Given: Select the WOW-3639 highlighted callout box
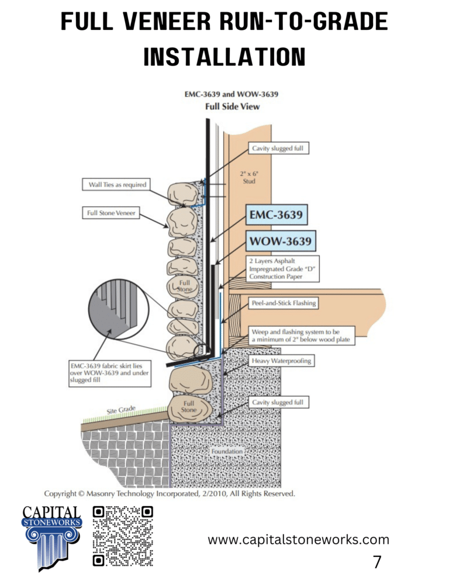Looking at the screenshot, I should click(x=279, y=240).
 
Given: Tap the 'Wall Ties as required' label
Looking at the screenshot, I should click(x=113, y=185).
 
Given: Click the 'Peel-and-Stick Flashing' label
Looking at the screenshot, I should click(x=284, y=303).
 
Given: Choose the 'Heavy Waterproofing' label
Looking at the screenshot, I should click(x=281, y=361).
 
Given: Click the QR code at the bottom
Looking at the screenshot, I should click(x=123, y=535).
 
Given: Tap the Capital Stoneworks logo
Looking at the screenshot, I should click(x=51, y=537).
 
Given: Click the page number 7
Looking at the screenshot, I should click(x=377, y=562).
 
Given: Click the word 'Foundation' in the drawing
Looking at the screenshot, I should click(x=227, y=451).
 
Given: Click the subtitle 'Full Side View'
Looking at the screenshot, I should click(x=232, y=107).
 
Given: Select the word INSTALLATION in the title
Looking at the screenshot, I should click(x=224, y=57).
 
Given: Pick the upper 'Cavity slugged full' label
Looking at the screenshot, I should click(x=278, y=148).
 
